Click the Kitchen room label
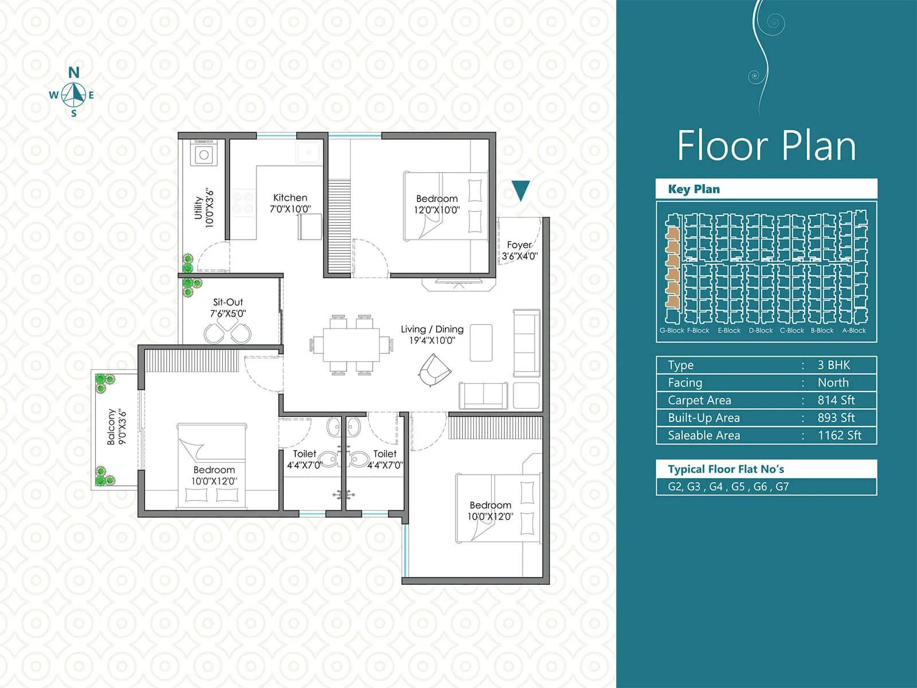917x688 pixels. pyautogui.click(x=290, y=203)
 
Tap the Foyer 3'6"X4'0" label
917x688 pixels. pyautogui.click(x=519, y=250)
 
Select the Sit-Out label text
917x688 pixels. pyautogui.click(x=228, y=307)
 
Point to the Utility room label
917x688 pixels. pyautogui.click(x=204, y=208)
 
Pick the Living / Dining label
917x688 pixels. pyautogui.click(x=432, y=334)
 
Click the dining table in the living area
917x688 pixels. pyautogui.click(x=351, y=344)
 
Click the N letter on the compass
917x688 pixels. pyautogui.click(x=74, y=73)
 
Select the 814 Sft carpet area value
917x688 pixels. pyautogui.click(x=836, y=400)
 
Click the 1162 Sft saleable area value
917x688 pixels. pyautogui.click(x=839, y=435)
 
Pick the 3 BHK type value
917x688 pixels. pyautogui.click(x=833, y=365)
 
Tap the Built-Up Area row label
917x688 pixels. pyautogui.click(x=703, y=418)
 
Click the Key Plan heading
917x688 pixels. pyautogui.click(x=693, y=189)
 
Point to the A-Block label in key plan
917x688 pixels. pyautogui.click(x=853, y=331)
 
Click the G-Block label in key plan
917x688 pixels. pyautogui.click(x=671, y=331)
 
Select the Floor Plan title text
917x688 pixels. pyautogui.click(x=766, y=146)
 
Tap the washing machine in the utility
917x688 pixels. pyautogui.click(x=203, y=154)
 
